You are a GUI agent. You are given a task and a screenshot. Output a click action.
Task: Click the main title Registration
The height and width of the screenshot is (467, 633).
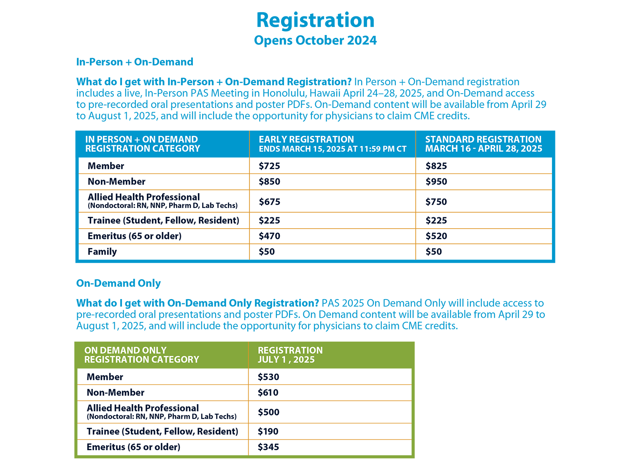coord(315,20)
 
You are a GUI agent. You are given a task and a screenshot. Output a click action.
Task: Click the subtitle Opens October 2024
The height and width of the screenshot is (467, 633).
coord(315,40)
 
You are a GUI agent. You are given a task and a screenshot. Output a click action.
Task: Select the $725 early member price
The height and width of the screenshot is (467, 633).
coord(269,166)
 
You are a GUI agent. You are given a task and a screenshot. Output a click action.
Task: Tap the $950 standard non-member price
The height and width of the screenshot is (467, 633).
coord(436,181)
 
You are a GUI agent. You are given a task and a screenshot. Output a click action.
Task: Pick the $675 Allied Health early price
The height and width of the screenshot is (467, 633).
coord(269,202)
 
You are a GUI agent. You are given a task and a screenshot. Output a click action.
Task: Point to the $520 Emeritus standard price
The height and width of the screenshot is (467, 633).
coord(436,236)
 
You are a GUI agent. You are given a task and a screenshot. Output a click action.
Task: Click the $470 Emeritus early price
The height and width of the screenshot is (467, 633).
coord(269,236)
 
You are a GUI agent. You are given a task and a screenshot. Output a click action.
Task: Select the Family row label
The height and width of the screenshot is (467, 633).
coord(102,251)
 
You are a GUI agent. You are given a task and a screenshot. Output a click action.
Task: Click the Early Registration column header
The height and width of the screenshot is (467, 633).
coord(332,144)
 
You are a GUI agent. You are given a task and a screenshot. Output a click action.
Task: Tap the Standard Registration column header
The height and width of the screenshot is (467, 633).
coord(484,144)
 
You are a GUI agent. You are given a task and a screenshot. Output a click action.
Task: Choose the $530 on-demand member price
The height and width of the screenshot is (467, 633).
coord(268,377)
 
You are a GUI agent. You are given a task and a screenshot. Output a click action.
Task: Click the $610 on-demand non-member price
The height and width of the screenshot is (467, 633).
coord(268,393)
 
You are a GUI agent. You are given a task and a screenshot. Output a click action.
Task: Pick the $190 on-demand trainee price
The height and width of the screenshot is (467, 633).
coord(268,431)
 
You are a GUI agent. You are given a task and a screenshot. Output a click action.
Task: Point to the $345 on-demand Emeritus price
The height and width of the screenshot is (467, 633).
coord(268,447)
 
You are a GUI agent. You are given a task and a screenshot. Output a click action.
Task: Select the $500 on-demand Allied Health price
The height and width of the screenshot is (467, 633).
coord(268,412)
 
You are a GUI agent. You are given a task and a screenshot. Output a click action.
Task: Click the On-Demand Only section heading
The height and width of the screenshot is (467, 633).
coord(119,283)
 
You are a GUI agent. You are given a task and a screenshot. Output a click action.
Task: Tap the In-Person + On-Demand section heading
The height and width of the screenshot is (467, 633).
coord(135,62)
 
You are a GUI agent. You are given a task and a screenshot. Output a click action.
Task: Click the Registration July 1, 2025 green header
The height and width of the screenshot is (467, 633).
coord(290,355)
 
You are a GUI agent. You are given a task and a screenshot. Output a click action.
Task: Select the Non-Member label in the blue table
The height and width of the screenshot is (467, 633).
coord(116,181)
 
